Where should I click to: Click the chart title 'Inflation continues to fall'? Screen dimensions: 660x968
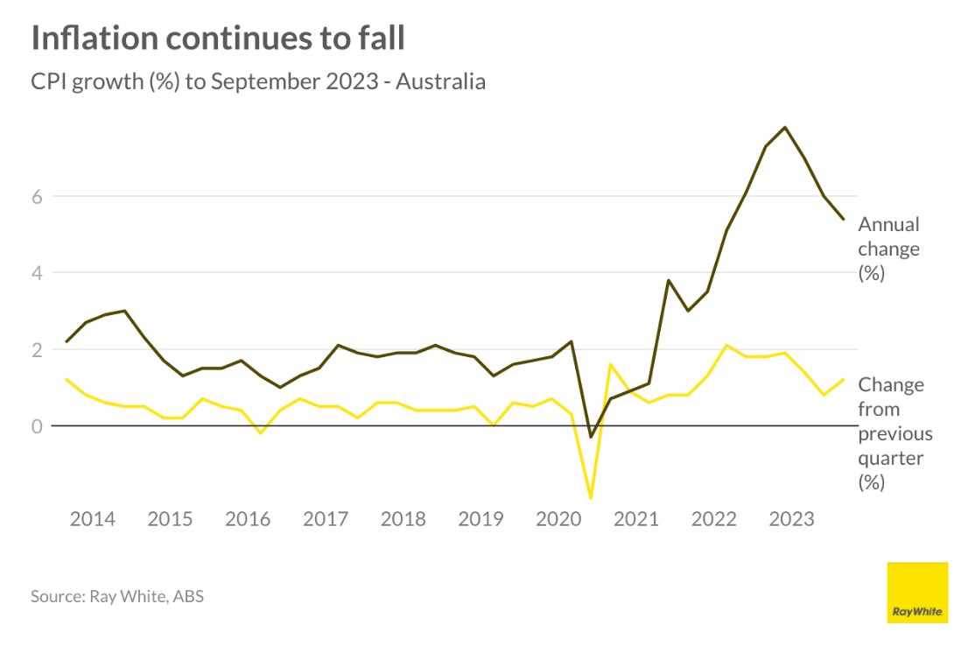218,39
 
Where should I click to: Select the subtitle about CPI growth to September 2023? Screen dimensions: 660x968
258,82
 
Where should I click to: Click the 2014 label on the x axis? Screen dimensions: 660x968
92,519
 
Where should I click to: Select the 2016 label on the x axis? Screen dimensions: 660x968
248,519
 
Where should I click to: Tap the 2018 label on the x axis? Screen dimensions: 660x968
403,519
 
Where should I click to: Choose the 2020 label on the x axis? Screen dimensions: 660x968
558,519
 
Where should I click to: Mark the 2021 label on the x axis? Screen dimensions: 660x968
636,519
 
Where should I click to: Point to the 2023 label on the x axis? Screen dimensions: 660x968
791,519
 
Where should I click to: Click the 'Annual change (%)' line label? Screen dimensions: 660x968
888,249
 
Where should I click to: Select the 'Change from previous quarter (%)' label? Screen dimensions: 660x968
895,433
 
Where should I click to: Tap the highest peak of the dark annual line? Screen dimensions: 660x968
785,128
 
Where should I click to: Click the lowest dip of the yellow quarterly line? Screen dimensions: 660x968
591,498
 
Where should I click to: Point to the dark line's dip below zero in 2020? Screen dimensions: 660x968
591,437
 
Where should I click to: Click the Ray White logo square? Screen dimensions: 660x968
917,593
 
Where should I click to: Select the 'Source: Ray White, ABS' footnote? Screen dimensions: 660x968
117,597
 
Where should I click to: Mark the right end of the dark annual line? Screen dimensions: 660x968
843,219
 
